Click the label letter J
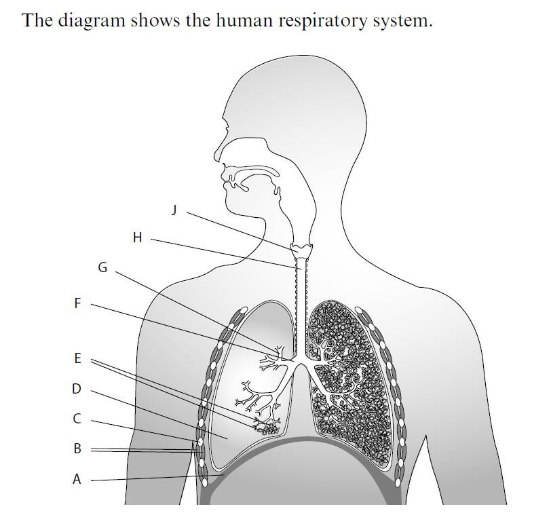click(174, 210)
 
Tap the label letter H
click(138, 237)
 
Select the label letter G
click(103, 267)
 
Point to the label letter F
click(77, 303)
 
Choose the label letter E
click(77, 358)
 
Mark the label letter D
click(77, 389)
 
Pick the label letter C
click(77, 419)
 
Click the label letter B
click(77, 449)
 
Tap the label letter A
click(77, 479)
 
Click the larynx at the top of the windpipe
click(301, 251)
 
